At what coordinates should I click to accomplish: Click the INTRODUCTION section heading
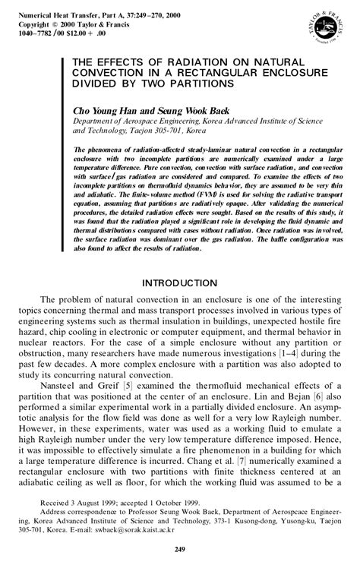(x=180, y=282)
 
